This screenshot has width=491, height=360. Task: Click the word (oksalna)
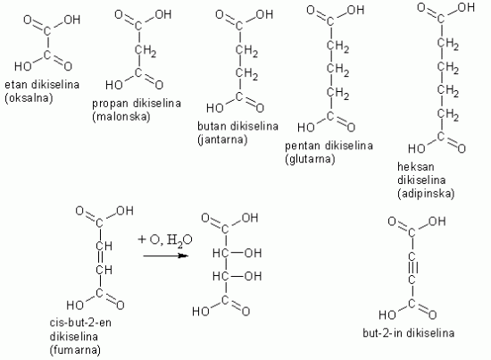point(29,98)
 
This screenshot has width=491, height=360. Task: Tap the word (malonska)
point(121,116)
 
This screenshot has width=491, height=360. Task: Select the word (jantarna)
point(222,139)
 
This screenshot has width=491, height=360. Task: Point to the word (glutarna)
point(310,159)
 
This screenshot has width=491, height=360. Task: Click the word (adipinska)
point(426,193)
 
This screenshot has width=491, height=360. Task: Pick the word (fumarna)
point(75,349)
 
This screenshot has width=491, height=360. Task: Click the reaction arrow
point(166,255)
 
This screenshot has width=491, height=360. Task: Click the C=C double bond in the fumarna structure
point(100,257)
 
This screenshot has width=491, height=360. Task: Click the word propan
point(110,104)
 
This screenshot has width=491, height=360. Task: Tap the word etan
point(16,85)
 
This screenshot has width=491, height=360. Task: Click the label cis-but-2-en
point(80,322)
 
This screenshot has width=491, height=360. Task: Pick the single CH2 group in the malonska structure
point(146,51)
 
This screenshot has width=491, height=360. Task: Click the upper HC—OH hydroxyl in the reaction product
point(237,253)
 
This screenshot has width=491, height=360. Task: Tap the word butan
point(212,126)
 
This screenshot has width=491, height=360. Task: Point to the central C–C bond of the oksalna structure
point(47,43)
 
